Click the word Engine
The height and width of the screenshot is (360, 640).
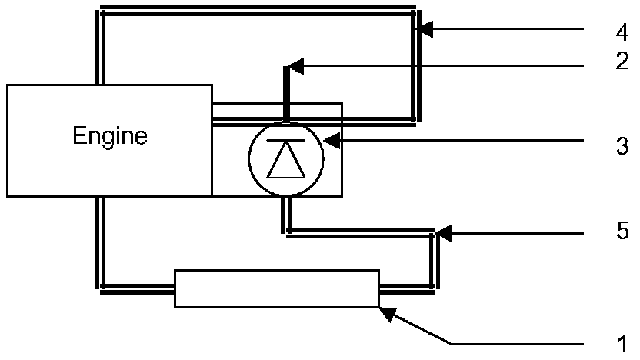click(109, 137)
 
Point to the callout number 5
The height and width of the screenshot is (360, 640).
click(622, 230)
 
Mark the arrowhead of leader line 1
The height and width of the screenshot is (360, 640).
click(385, 312)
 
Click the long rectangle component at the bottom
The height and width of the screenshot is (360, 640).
click(277, 288)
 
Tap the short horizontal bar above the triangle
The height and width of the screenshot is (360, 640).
click(285, 142)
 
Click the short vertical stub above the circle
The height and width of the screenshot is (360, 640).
click(286, 92)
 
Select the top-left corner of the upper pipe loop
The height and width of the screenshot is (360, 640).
click(101, 11)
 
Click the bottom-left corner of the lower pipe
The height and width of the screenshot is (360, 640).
click(102, 290)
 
